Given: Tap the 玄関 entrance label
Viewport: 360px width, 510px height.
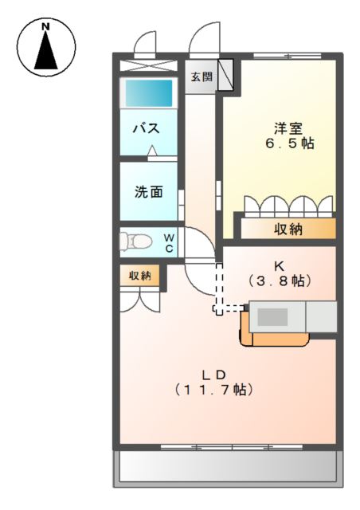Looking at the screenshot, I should coord(201,77).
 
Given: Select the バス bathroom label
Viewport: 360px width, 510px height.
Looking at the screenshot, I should coord(143,127).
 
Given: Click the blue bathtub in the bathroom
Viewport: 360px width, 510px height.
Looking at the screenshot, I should coord(147,92).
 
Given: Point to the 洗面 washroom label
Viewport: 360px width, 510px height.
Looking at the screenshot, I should coord(148,191).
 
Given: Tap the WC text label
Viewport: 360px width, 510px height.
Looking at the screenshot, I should coord(170,242).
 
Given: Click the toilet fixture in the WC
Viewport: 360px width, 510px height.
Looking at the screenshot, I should coord(137,241).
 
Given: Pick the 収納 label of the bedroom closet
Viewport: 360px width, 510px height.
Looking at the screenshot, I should coord(288,229).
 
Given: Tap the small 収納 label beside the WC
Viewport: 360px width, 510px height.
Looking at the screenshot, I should coord(140,275).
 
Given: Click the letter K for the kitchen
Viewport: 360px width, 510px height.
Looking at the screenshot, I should coord(278,265).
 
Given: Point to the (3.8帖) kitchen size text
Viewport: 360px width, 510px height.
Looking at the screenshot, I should coord(278,280).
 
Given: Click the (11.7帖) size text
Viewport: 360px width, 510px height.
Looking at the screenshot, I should coord(214,390).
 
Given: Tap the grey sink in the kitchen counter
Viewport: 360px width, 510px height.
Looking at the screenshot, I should coord(272,316).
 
